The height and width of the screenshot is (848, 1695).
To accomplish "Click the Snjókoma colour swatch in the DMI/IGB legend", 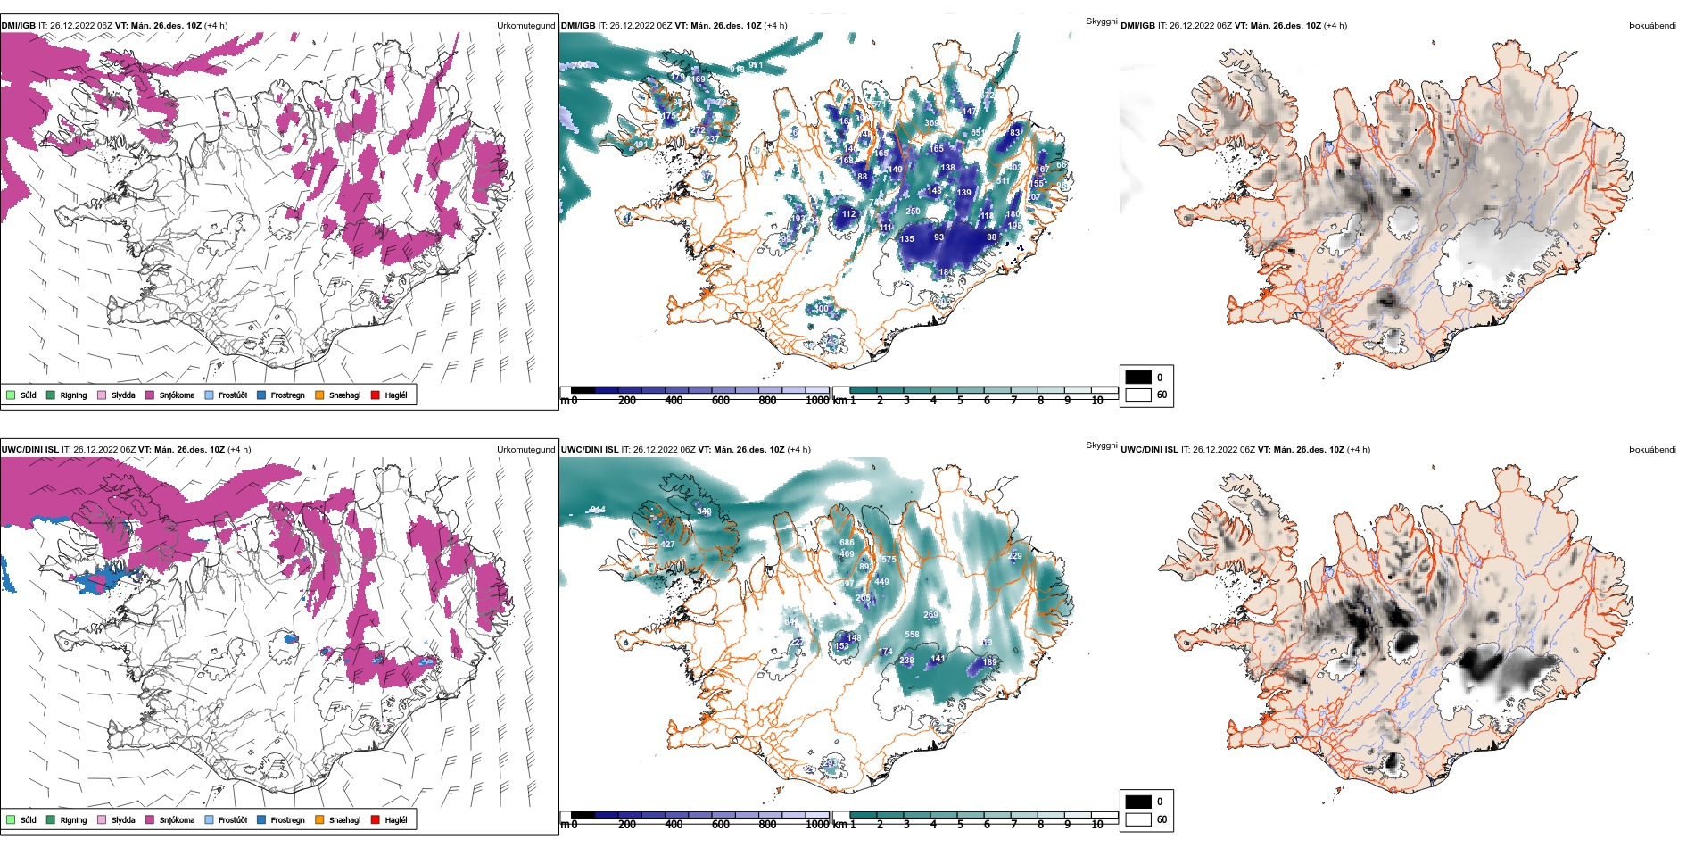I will coord(150,395).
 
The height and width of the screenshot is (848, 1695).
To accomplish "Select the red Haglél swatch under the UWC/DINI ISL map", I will coord(376,819).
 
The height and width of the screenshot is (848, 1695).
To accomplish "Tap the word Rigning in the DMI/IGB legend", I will coord(73,395).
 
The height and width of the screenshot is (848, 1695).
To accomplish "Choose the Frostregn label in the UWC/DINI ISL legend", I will coord(287,820).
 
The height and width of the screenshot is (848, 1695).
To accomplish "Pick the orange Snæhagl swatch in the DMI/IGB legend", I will coord(319,395).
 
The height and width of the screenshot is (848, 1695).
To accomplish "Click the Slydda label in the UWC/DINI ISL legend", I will coord(123,820).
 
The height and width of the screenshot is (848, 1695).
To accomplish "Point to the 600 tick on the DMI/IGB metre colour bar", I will coord(720,401).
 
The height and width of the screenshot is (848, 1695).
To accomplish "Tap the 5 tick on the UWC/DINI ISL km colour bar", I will coord(960,825).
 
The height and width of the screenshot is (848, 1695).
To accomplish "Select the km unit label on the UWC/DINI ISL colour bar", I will coord(839,825).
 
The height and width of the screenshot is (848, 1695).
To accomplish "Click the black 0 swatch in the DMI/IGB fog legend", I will coord(1138,378).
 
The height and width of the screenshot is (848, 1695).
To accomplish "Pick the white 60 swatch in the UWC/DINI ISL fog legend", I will coord(1138,819).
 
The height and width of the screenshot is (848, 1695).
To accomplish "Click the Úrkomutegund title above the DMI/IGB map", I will coord(525,26).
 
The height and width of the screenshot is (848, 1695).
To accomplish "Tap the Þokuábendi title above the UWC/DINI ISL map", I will coord(1652,450).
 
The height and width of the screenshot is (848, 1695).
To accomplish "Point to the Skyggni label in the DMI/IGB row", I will coord(1101,21).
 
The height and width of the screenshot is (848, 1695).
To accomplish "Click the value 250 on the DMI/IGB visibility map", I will coord(913,212).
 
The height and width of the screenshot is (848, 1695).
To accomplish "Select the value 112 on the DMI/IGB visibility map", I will coord(848,214).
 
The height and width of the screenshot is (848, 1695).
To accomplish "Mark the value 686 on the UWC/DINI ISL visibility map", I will coord(847,543).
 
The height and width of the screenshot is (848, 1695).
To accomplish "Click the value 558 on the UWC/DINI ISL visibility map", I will coord(912,635).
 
